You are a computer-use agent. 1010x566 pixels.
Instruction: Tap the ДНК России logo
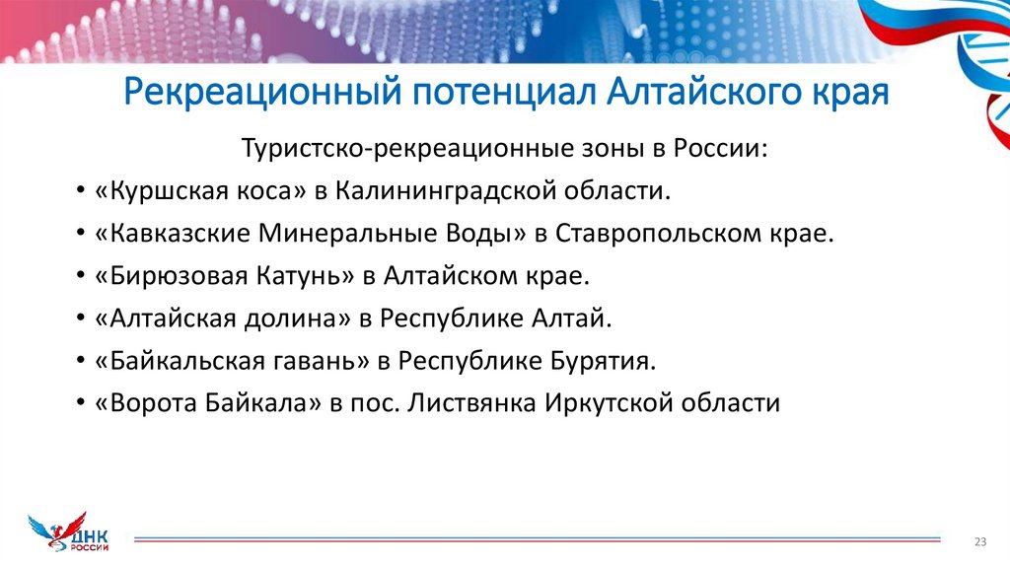pos(70,531)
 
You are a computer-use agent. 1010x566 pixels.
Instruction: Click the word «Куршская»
pos(153,190)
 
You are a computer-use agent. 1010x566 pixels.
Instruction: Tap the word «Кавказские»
pos(171,234)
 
